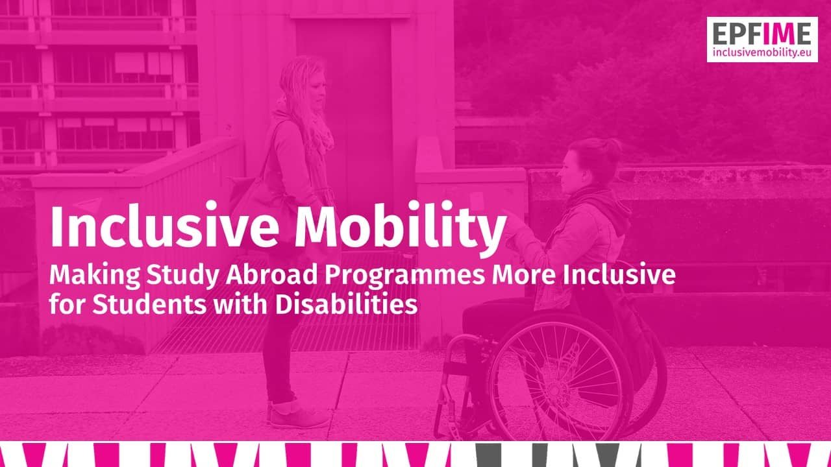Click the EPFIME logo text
pos(762,34)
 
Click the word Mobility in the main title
pos(401,228)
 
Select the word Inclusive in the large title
pos(165,224)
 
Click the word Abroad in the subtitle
pos(272,274)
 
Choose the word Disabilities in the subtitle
pos(347,304)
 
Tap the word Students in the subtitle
pos(149,304)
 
